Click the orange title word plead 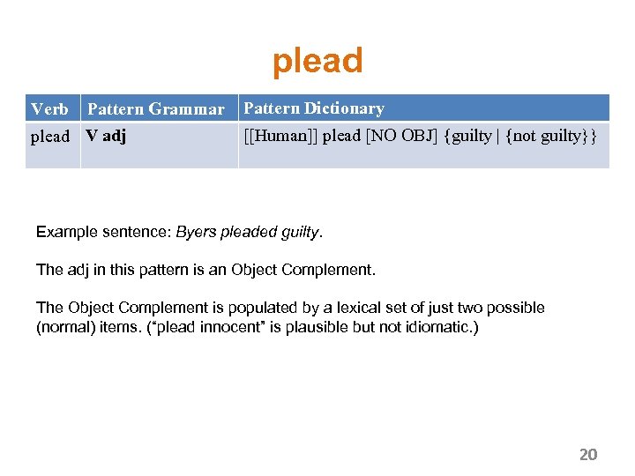(x=317, y=62)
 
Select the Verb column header (x=49, y=109)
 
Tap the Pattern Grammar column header (x=156, y=109)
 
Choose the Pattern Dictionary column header (x=314, y=108)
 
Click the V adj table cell (x=106, y=137)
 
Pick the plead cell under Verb (x=49, y=137)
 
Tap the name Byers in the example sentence (x=194, y=233)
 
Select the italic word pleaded (x=247, y=233)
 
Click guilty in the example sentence (x=302, y=233)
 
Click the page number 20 (x=588, y=455)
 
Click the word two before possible (x=444, y=308)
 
